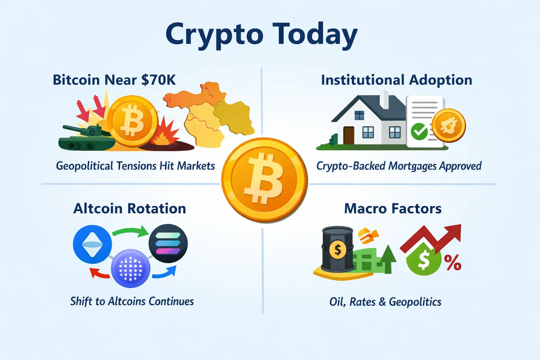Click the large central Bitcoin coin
tap(265, 180)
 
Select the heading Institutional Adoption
tap(396, 80)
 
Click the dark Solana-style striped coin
tap(168, 244)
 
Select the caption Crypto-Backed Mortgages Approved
tap(399, 166)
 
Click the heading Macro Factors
tap(392, 208)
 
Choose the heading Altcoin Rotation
tap(130, 208)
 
